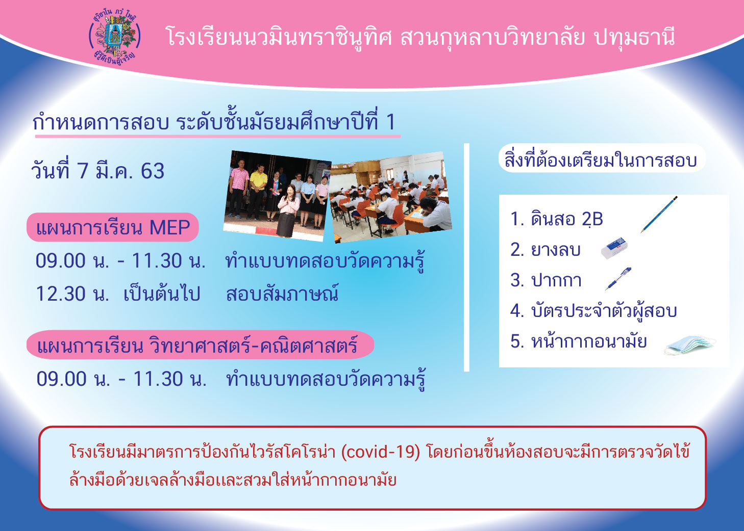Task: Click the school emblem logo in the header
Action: coord(115,37)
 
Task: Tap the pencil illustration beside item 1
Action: coord(659,215)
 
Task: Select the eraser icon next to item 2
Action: coord(614,248)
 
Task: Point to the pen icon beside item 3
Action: coord(618,279)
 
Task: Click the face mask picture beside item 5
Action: coord(689,346)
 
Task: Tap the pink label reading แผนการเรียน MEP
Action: coord(113,227)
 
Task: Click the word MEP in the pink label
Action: coord(170,227)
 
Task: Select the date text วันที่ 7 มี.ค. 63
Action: coord(98,171)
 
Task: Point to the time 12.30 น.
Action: coord(72,294)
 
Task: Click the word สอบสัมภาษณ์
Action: coord(282,293)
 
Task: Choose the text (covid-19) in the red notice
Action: coord(381,452)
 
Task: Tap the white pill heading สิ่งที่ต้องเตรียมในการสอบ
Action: coord(602,158)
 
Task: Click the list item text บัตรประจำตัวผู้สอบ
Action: coord(604,311)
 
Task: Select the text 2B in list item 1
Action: coord(592,219)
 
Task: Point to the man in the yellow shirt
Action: coord(257,191)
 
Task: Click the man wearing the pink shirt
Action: coord(238,189)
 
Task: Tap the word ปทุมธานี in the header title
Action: coord(634,37)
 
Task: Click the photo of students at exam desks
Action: coord(391,197)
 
